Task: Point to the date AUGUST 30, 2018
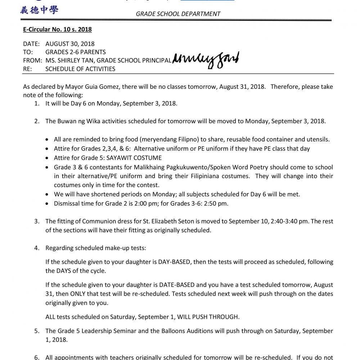point(70,44)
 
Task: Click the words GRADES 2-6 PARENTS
point(76,52)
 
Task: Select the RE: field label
point(27,68)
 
